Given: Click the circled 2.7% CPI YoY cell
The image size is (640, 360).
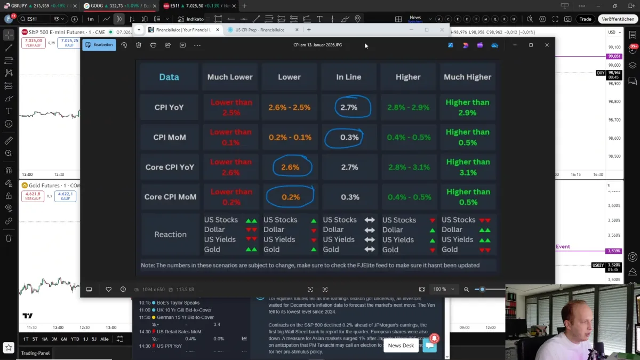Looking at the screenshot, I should click(349, 107).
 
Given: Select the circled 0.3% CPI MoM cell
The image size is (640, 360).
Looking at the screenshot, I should click(349, 137).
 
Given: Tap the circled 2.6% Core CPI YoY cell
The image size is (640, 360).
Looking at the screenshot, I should click(290, 167).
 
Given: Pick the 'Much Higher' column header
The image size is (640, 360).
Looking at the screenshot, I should click(467, 77).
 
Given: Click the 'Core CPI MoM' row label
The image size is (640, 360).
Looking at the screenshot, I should click(170, 197).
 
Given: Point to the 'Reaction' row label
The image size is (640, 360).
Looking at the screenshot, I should click(170, 234).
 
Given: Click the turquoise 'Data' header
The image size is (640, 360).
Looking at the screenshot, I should click(169, 77).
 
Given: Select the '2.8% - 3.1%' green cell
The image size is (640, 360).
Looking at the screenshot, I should click(409, 167).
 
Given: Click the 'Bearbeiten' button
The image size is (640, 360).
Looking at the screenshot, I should click(99, 45).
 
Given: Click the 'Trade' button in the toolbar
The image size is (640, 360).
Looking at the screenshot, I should click(585, 19).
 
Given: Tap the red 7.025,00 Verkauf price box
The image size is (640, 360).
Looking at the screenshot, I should click(33, 43).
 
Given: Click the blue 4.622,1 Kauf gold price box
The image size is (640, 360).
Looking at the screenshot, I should click(65, 196).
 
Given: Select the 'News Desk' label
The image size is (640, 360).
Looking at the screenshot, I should click(401, 346).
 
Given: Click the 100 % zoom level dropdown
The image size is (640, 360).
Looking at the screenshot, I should click(444, 289).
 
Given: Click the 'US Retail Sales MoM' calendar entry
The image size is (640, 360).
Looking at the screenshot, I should click(179, 332).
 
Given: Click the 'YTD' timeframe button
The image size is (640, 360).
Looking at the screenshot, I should click(75, 339).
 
